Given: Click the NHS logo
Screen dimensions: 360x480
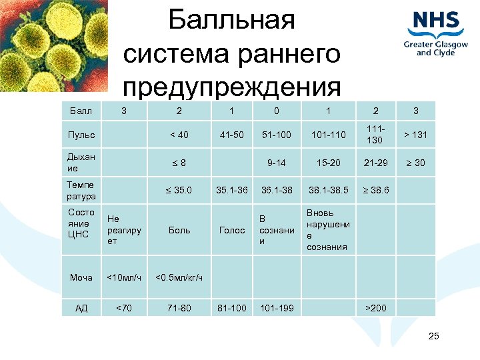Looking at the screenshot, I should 436,32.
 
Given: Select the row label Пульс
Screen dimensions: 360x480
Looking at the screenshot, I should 81,135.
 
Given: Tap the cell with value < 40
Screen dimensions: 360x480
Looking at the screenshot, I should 179,135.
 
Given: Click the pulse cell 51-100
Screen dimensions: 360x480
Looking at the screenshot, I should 276,135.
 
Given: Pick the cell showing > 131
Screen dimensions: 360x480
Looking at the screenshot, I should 415,135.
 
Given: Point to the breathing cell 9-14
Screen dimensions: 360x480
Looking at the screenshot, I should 276,162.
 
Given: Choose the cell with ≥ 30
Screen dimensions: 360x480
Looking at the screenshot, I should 415,162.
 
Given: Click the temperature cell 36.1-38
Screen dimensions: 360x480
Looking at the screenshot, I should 276,190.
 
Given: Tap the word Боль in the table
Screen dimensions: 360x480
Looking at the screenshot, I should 179,230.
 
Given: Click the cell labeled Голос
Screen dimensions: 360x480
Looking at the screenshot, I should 232,230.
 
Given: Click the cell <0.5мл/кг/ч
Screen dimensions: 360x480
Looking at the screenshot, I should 179,277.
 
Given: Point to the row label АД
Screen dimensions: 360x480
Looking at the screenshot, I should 81,308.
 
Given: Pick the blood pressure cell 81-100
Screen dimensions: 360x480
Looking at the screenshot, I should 232,308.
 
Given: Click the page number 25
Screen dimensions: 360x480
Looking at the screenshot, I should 433,335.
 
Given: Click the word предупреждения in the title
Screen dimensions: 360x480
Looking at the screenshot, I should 231,87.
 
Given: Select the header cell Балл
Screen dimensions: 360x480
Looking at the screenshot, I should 81,110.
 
